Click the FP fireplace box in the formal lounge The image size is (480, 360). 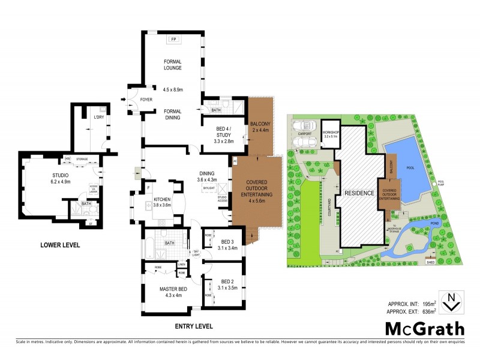[173, 39]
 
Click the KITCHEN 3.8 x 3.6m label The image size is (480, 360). [163, 202]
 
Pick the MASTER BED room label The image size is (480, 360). [171, 292]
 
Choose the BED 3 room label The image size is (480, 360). [228, 242]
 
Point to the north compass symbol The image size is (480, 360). [451, 301]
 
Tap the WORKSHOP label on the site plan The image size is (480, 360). [331, 133]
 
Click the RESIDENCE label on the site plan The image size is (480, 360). [359, 193]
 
